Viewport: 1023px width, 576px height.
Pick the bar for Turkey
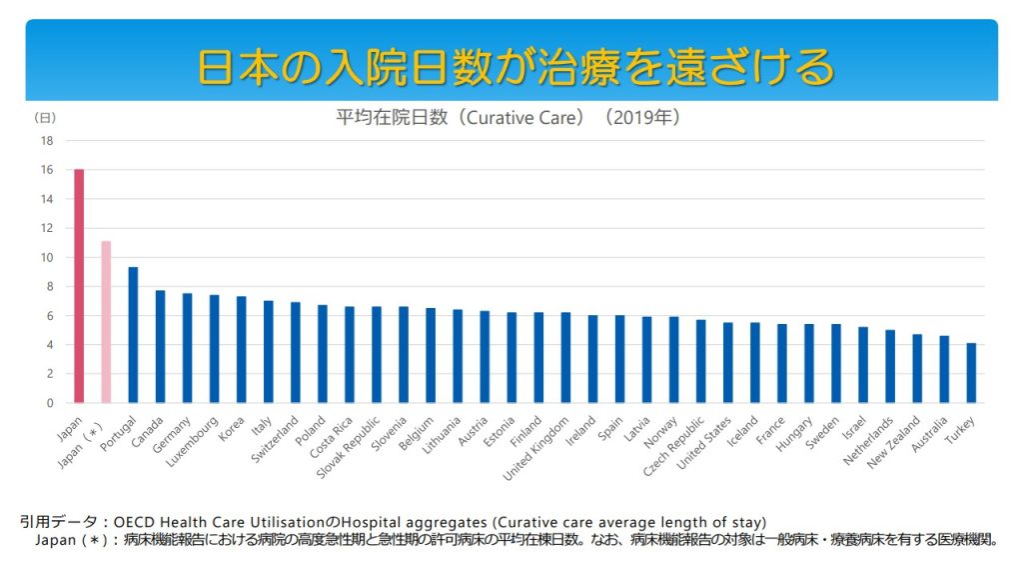coord(971,373)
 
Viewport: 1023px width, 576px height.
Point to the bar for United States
coord(727,363)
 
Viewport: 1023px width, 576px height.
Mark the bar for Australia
coord(944,369)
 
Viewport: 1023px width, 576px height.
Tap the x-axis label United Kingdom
coord(536,449)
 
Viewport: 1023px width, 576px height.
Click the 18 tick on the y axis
coord(47,141)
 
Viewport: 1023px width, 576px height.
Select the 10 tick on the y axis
coord(47,258)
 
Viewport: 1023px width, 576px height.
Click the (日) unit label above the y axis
coord(45,118)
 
